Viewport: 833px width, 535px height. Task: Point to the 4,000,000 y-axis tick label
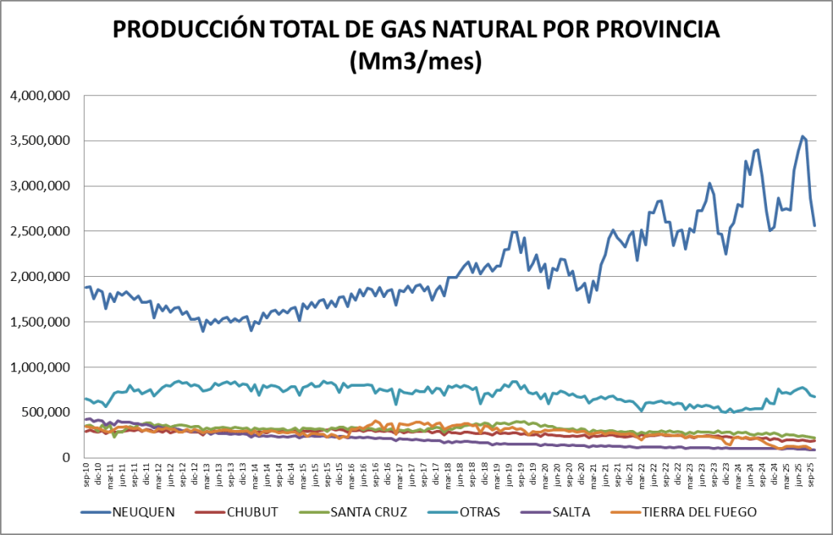point(42,96)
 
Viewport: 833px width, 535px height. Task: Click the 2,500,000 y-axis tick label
point(42,232)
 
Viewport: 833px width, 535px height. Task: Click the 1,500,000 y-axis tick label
point(42,322)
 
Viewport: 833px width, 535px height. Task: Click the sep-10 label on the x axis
point(85,473)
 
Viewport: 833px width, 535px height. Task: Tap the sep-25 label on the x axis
point(811,473)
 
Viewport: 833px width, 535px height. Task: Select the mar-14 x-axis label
point(255,473)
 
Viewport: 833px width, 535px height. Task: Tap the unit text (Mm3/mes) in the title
point(415,61)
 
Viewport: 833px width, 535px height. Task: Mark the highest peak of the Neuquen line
point(802,136)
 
